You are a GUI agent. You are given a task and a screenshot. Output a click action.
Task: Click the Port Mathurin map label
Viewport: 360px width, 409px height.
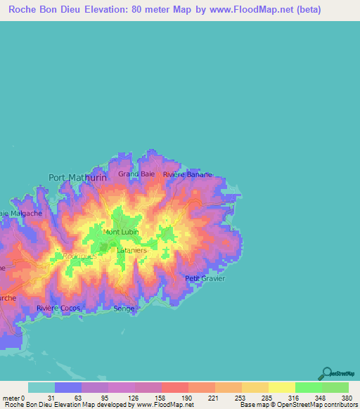(x=77, y=178)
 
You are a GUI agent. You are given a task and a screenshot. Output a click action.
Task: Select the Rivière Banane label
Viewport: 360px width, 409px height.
(x=186, y=174)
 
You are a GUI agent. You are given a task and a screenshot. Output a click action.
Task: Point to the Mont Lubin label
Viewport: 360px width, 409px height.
(x=120, y=232)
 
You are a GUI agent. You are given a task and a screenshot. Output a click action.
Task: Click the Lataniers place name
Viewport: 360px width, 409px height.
(x=130, y=249)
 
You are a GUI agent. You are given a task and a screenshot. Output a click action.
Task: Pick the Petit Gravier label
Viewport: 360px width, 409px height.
(x=205, y=278)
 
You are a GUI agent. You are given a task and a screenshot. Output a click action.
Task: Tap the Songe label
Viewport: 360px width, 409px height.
(x=124, y=309)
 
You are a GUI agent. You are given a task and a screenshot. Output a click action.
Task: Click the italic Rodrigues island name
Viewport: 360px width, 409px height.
(x=79, y=257)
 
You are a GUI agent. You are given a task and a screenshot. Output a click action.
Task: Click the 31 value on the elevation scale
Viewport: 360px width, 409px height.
(x=54, y=397)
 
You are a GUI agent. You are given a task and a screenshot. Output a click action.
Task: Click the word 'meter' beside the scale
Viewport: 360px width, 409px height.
(x=11, y=397)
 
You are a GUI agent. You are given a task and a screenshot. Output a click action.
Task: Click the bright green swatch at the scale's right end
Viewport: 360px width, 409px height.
(x=335, y=387)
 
